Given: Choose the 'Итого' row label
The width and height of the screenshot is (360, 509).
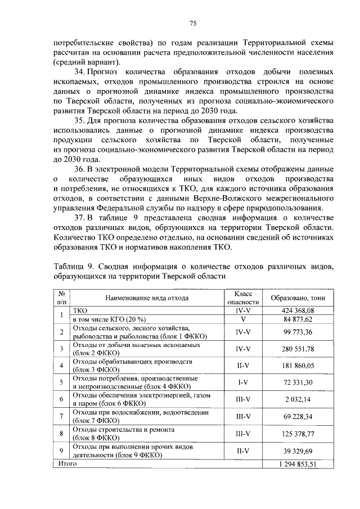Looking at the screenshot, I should [x=65, y=464].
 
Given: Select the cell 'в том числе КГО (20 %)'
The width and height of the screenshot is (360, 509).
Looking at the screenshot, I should [x=105, y=318].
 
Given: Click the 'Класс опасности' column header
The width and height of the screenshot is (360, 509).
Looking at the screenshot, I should [x=243, y=298].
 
